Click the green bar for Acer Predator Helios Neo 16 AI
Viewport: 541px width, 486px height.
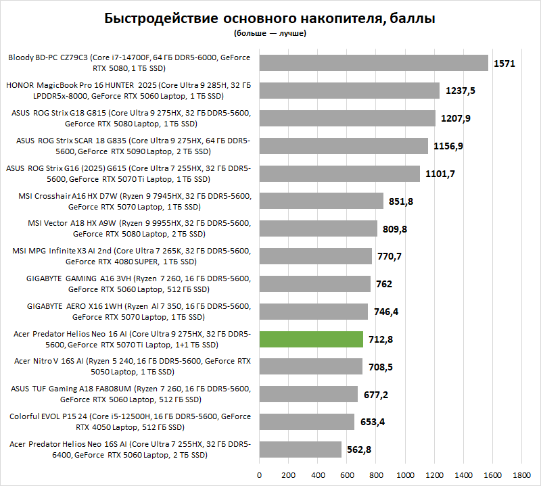312,339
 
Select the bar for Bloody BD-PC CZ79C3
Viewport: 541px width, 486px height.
373,63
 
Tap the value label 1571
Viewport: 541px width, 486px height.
504,64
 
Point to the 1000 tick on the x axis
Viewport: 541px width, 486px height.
405,475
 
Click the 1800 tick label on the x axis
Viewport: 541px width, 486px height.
522,475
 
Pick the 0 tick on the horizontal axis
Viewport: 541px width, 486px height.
260,475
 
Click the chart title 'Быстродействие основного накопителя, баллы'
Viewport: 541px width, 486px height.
270,18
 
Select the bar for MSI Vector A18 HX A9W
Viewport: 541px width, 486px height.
319,228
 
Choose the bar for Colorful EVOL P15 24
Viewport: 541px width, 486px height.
307,422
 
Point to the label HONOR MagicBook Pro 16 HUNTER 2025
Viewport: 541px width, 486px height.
128,91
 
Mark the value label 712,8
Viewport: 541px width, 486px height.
382,339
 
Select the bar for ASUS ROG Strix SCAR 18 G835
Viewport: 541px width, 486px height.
344,146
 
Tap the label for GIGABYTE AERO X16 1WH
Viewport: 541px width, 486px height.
128,311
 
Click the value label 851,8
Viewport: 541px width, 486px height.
402,201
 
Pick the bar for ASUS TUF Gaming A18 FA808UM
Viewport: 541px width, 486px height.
308,394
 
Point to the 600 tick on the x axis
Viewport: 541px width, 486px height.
347,475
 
